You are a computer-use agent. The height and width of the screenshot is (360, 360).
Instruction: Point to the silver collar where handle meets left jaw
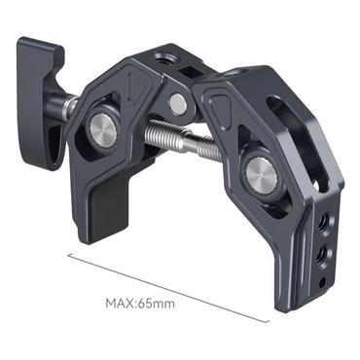pyautogui.click(x=69, y=106)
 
